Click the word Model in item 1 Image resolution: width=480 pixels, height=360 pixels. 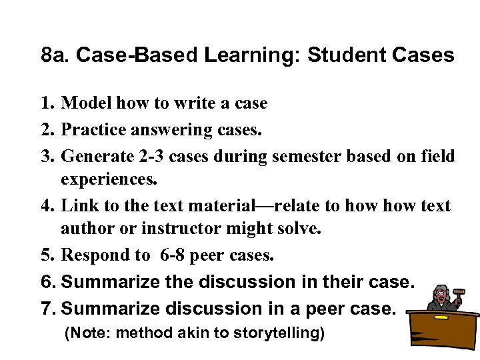tap(87, 103)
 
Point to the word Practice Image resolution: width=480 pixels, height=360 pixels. tap(94, 129)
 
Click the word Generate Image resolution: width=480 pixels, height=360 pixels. tap(97, 155)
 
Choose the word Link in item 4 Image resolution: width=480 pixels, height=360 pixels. tap(77, 205)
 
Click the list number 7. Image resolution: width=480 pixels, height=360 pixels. tap(47, 309)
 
